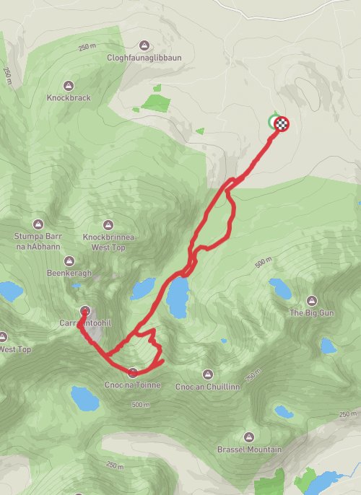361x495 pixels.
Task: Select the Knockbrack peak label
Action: click(x=69, y=97)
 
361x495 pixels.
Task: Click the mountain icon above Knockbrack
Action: click(x=69, y=85)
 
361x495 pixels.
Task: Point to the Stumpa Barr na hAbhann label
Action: click(x=39, y=241)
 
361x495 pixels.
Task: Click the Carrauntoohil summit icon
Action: click(x=85, y=312)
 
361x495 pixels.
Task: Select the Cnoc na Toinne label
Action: click(x=133, y=385)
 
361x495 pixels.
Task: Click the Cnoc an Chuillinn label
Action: click(x=208, y=386)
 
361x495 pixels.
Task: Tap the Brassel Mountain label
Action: click(x=249, y=450)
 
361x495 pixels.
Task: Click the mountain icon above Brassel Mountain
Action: click(x=249, y=437)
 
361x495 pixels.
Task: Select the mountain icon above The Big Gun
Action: click(x=311, y=300)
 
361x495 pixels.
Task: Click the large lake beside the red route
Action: click(x=177, y=297)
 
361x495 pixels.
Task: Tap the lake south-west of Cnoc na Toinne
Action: click(x=83, y=397)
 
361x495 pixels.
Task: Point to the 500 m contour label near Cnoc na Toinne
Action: click(x=141, y=405)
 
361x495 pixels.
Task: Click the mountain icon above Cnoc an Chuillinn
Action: click(x=208, y=374)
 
